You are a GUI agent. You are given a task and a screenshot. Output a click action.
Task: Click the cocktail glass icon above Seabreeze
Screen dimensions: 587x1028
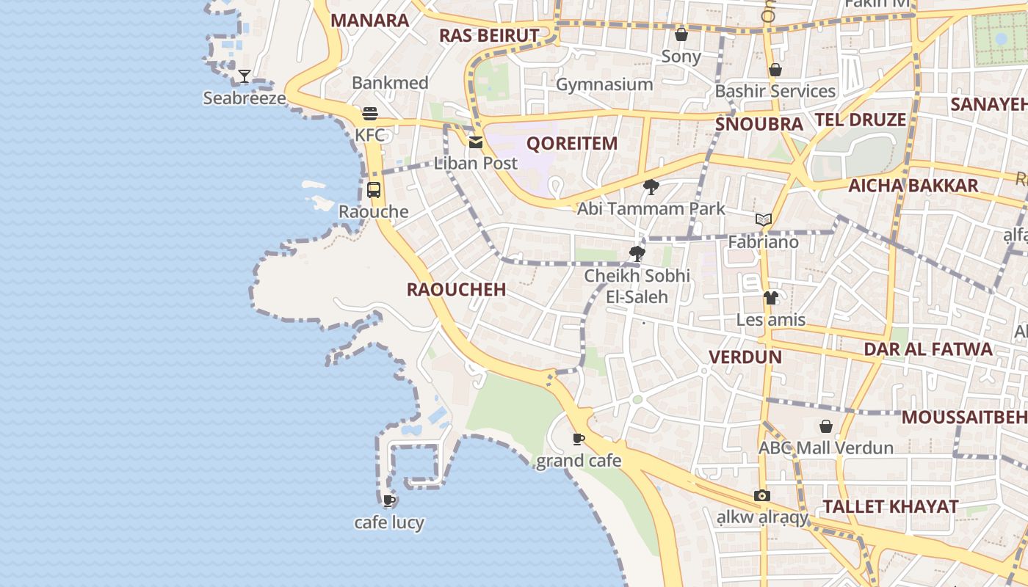(245, 76)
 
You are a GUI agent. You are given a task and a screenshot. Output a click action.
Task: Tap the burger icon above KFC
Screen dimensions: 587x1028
(370, 114)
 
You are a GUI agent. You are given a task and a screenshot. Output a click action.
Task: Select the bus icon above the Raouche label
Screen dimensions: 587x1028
(374, 190)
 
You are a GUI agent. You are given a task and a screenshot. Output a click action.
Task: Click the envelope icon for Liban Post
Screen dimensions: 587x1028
(476, 142)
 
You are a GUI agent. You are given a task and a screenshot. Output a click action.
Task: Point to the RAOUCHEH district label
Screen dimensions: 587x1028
(457, 289)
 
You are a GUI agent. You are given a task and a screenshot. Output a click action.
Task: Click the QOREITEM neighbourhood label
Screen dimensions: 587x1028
(572, 143)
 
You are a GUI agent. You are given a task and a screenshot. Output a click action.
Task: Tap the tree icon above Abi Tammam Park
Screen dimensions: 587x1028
(651, 187)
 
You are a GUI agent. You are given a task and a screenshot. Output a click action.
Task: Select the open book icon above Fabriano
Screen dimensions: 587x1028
(764, 219)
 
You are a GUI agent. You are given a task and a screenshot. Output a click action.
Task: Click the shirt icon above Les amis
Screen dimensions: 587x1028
(770, 298)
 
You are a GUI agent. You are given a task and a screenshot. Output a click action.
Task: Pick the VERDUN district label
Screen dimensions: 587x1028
(745, 357)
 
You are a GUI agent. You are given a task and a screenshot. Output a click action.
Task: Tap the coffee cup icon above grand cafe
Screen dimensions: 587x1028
(579, 439)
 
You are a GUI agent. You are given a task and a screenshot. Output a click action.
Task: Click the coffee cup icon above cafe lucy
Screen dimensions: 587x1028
(389, 500)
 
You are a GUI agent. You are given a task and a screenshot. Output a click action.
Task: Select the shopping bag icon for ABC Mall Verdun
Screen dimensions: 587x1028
(826, 426)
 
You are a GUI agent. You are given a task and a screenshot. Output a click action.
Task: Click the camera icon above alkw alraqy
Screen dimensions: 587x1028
(762, 495)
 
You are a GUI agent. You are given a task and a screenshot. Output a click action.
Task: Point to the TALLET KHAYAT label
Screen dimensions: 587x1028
(890, 506)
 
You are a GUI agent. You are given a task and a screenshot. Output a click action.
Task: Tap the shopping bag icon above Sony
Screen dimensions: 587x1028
(681, 34)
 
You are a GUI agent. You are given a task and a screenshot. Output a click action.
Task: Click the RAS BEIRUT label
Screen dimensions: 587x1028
(489, 35)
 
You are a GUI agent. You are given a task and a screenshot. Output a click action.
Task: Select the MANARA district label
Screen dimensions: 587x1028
(369, 21)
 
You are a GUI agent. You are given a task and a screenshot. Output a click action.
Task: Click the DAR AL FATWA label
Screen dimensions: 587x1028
(928, 349)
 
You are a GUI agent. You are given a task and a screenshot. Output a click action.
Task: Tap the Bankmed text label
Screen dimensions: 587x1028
(390, 83)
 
